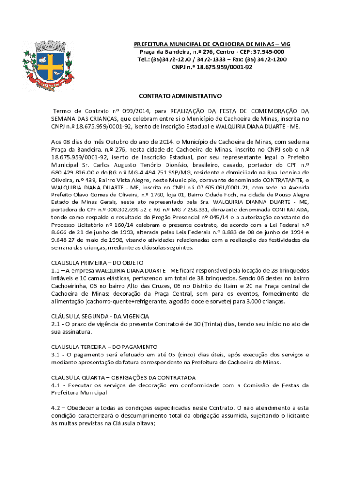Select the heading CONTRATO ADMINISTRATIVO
click(180, 96)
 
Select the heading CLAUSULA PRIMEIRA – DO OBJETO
click(97, 263)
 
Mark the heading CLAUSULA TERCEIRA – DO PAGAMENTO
click(104, 347)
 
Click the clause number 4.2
click(56, 407)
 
